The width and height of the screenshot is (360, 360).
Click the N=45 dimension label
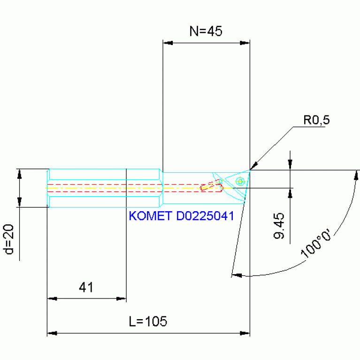point(206,31)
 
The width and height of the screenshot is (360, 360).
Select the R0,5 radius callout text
point(316,120)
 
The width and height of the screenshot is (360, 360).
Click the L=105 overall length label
point(148,322)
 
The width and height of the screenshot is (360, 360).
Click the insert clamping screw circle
point(240,181)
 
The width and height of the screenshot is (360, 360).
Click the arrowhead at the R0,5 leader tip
point(253,166)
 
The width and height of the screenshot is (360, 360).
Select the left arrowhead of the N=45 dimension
point(168,43)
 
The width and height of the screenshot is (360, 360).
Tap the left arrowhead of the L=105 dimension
point(52,333)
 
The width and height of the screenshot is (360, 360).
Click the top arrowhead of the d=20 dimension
point(19,174)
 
